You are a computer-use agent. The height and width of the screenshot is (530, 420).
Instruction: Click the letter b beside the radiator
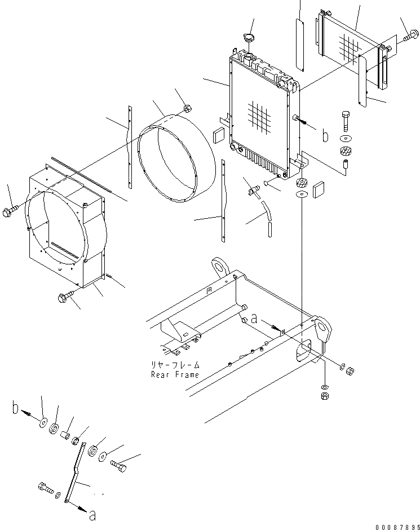tap(324, 136)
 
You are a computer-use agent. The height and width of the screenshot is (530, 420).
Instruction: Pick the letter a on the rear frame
tap(254, 319)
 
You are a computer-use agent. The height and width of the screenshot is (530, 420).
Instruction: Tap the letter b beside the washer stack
tap(17, 408)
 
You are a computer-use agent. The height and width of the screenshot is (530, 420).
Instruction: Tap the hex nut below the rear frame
tap(325, 397)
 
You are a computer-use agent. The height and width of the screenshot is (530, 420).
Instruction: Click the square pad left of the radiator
tap(219, 135)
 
